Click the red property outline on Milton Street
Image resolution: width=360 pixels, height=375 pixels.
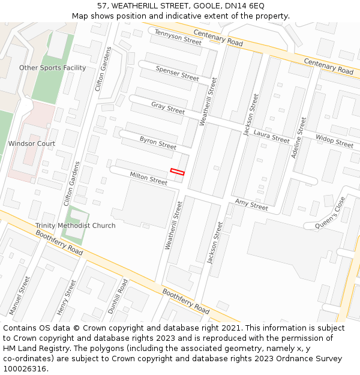pyautogui.click(x=177, y=172)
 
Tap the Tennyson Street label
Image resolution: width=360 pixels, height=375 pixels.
pyautogui.click(x=178, y=37)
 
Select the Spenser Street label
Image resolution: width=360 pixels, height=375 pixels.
pyautogui.click(x=177, y=73)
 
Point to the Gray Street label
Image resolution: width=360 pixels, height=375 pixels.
pyautogui.click(x=168, y=108)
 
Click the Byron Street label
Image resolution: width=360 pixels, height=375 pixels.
pyautogui.click(x=158, y=143)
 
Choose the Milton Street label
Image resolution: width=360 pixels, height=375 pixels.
pyautogui.click(x=149, y=178)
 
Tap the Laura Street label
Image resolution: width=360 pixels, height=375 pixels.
pyautogui.click(x=271, y=136)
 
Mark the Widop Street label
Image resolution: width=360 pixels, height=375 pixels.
pyautogui.click(x=334, y=142)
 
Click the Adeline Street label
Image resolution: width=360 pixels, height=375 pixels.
pyautogui.click(x=298, y=137)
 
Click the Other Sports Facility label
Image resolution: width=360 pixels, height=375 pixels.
pyautogui.click(x=52, y=68)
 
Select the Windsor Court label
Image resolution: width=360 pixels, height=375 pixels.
pyautogui.click(x=31, y=143)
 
